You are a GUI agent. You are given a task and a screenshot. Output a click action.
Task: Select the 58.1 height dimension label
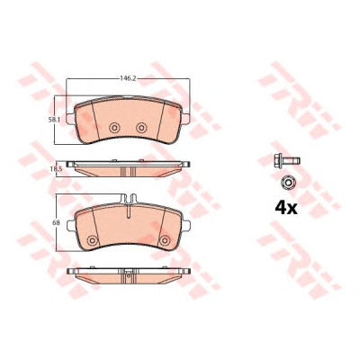point(55,120)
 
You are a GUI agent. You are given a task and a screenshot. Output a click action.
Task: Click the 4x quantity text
point(286,208)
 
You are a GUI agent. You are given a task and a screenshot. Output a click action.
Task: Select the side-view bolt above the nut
point(287,161)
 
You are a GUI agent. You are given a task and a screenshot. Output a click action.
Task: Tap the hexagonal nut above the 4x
point(288,182)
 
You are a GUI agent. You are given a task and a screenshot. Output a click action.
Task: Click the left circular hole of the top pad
point(114,128)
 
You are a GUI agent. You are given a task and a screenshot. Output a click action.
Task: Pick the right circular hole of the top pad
point(140,128)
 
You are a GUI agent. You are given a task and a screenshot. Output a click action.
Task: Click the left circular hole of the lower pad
point(92,240)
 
